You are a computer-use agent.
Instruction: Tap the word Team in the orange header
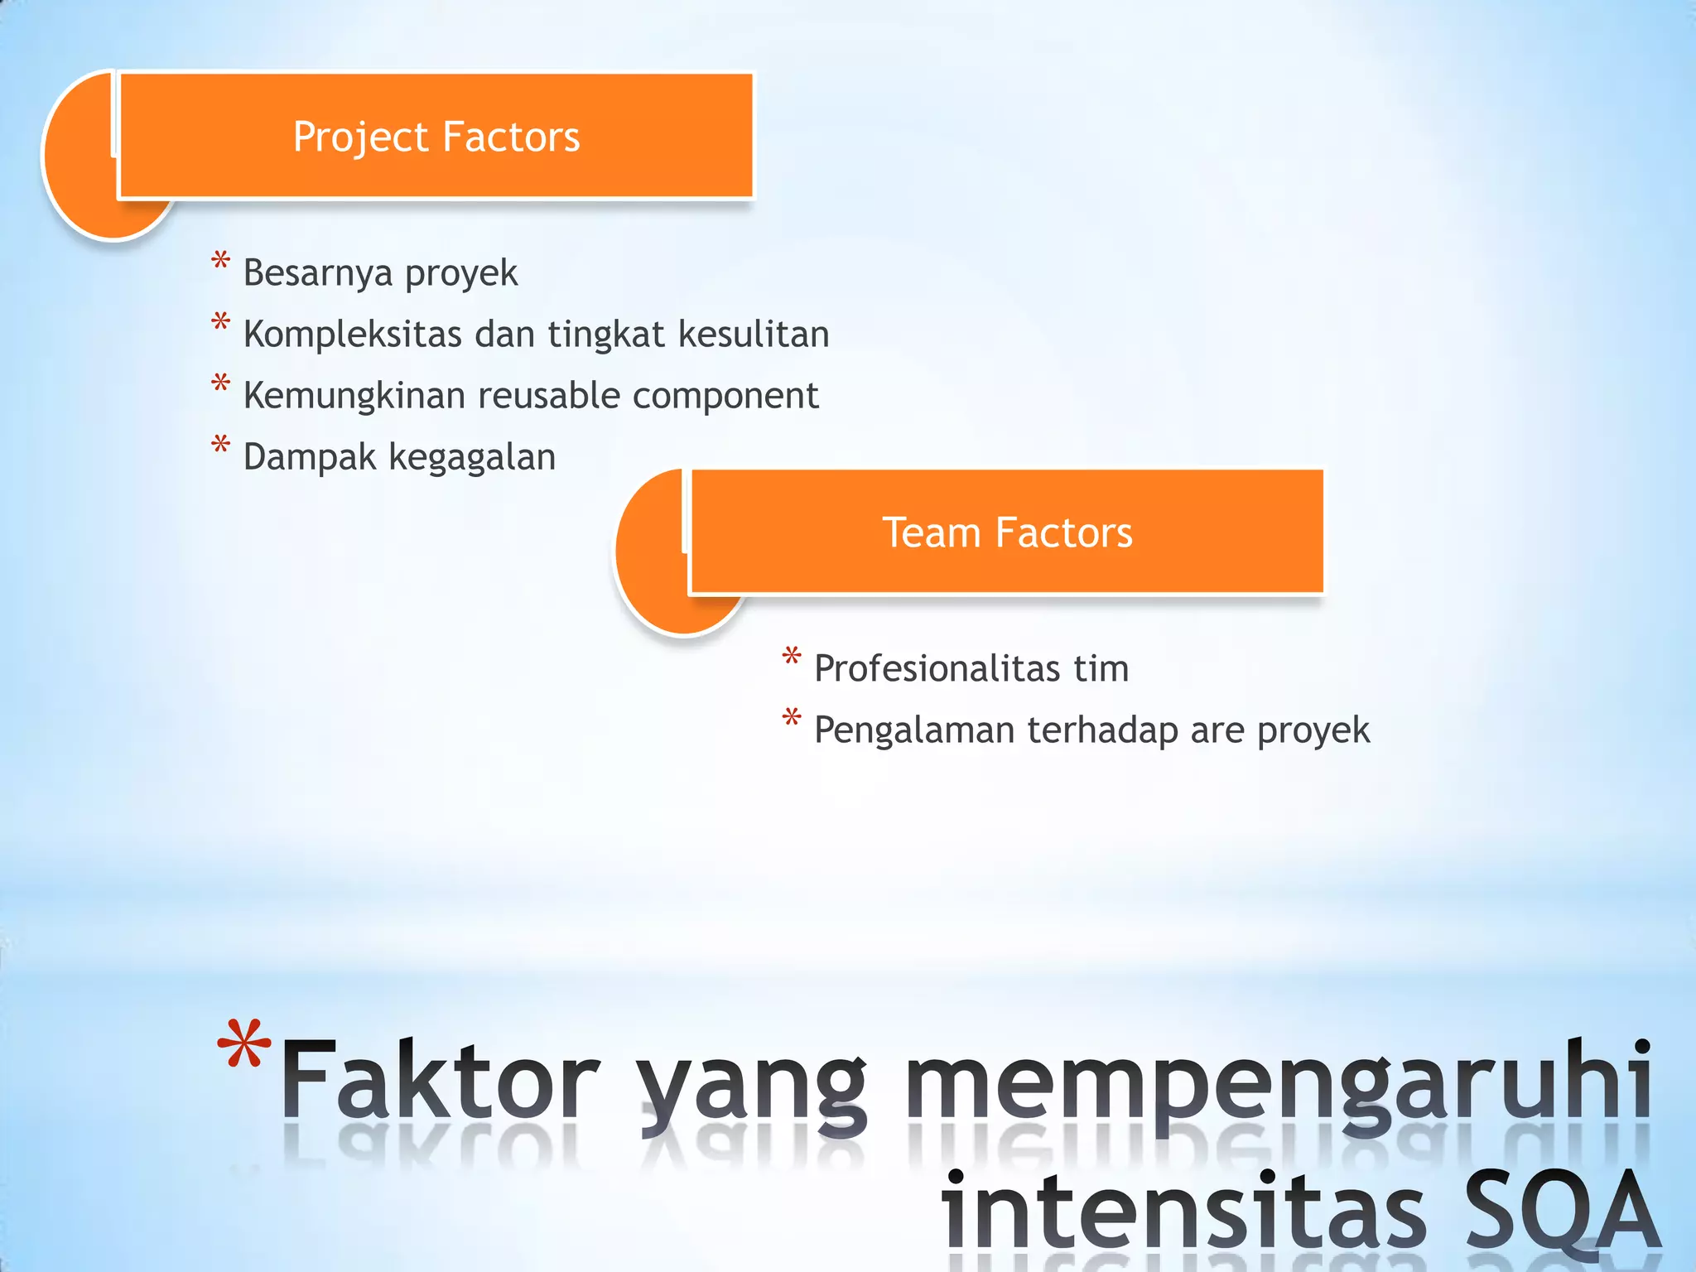tap(931, 532)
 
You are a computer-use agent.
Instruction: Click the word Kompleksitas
tap(352, 334)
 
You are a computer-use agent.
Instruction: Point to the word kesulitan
tap(754, 334)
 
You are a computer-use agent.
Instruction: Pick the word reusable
tap(548, 395)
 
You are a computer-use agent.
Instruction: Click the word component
tap(725, 396)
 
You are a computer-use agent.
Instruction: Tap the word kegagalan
tap(472, 457)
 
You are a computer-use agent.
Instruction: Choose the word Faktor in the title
tap(440, 1081)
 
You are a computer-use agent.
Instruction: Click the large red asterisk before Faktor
tap(243, 1045)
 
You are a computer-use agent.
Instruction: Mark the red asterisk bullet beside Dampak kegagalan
tap(220, 445)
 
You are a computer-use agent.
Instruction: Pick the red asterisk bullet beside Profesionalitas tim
tap(792, 657)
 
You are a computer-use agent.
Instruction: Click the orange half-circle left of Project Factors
tap(79, 157)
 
